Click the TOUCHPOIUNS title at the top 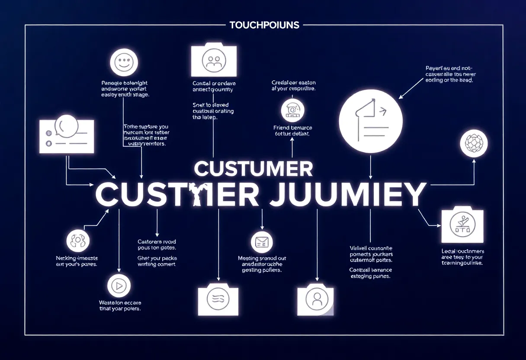click(264, 25)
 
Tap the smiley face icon click(124, 62)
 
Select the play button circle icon click(119, 286)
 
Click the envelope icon click(262, 242)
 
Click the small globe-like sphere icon click(474, 143)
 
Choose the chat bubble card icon click(66, 135)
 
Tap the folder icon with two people click(214, 60)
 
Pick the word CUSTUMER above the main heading click(253, 168)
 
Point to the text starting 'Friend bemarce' click(292, 131)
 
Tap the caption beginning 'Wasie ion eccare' click(120, 306)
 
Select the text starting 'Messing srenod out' click(262, 264)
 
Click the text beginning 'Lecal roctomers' click(462, 257)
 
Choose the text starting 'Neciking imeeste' click(77, 261)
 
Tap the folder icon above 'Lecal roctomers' click(462, 226)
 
